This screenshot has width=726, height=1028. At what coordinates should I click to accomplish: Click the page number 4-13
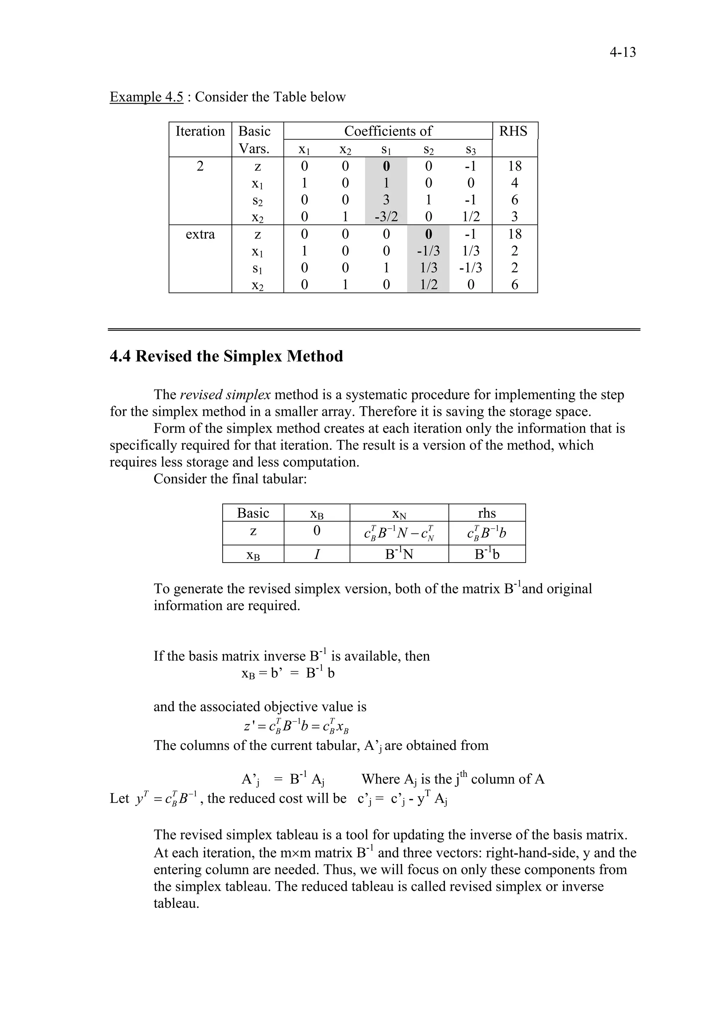(x=622, y=52)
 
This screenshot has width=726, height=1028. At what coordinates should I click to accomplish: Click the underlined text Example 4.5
(x=146, y=97)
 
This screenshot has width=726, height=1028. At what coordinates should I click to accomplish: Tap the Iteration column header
(x=200, y=131)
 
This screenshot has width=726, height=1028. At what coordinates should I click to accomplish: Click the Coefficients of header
(x=388, y=131)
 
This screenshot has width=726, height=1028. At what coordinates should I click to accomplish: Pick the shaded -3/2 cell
(x=386, y=217)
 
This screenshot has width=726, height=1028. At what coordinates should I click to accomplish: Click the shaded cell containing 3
(x=386, y=200)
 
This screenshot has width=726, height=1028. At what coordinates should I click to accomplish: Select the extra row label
(x=200, y=234)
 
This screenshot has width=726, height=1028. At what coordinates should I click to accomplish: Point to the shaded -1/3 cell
(x=428, y=251)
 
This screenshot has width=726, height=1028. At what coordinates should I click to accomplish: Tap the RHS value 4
(x=514, y=183)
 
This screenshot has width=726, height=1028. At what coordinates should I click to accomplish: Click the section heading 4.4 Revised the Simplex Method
(x=227, y=357)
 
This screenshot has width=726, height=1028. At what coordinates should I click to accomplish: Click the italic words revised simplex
(x=225, y=394)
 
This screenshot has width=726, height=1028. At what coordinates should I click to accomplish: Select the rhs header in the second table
(x=487, y=513)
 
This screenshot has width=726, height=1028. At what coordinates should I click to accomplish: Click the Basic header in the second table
(x=253, y=513)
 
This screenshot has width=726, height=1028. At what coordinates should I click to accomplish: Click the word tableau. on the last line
(x=176, y=903)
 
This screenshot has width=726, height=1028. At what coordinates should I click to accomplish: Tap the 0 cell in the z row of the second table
(x=317, y=531)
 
